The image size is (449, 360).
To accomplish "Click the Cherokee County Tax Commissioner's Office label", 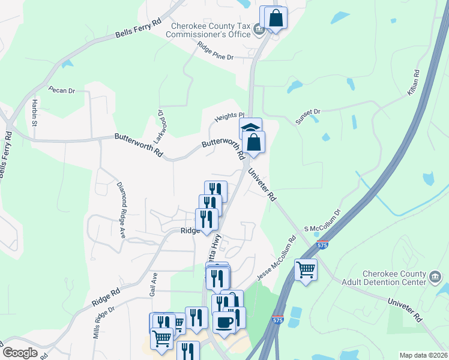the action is coord(210,30).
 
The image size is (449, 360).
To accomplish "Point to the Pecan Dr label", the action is coord(62,90).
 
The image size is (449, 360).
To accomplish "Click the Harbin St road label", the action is coord(34,112).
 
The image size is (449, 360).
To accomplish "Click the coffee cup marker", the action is coord(224,322).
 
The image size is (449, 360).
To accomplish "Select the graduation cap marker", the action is coord(250,127).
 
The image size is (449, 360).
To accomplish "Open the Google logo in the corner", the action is coord(20,353).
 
